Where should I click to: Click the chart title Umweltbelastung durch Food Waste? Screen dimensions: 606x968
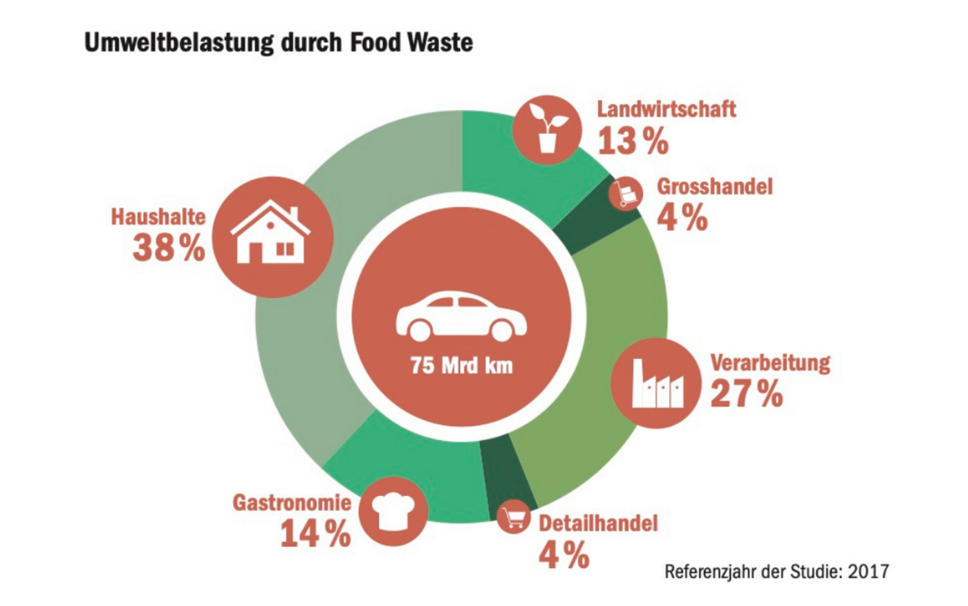(279, 42)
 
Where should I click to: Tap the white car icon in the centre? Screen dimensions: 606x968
(461, 318)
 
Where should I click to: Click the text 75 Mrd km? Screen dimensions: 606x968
(461, 365)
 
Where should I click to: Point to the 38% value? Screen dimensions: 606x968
(169, 247)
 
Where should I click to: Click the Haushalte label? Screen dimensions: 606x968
(158, 217)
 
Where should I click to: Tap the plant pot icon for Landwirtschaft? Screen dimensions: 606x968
(547, 129)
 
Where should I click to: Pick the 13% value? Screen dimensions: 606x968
(633, 141)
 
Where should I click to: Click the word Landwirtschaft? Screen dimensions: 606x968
(667, 109)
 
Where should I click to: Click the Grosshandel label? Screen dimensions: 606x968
(714, 186)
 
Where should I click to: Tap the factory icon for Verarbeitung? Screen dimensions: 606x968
(656, 384)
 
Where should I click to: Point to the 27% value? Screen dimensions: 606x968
(747, 394)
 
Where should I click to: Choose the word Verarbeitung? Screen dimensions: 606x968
(770, 362)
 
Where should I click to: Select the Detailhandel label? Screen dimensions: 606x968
(598, 523)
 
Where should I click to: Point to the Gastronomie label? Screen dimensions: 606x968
(292, 502)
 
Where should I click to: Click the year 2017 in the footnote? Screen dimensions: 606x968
(868, 571)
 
